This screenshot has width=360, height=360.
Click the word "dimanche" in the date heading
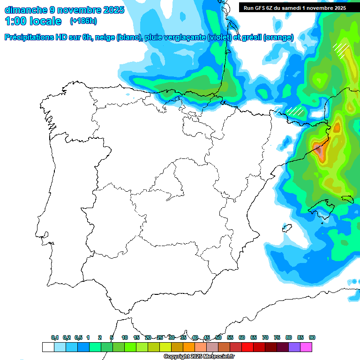[x=26, y=10]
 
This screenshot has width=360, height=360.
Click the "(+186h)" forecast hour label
[x=83, y=21]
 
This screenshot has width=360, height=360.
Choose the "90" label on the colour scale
[x=312, y=337]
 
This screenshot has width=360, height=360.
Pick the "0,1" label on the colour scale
[x=54, y=337]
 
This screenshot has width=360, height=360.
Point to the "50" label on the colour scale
[x=218, y=337]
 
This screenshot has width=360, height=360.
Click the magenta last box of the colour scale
[x=306, y=347]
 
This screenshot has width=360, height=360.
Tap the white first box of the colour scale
[x=48, y=347]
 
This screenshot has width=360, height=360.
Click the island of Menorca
[x=347, y=200]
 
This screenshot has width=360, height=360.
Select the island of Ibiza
[x=287, y=228]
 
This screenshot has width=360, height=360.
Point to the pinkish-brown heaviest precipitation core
[x=320, y=151]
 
